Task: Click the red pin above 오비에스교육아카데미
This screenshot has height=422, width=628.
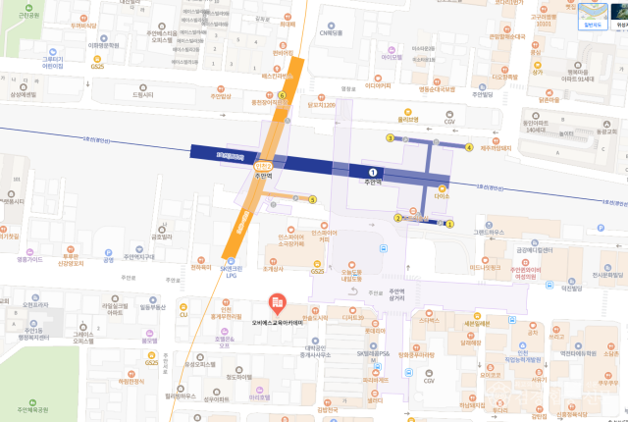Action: pyautogui.click(x=278, y=300)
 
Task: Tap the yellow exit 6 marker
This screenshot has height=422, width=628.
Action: pyautogui.click(x=282, y=95)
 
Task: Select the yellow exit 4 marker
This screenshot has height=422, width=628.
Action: pyautogui.click(x=470, y=147)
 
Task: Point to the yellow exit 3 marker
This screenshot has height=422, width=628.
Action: pyautogui.click(x=390, y=138)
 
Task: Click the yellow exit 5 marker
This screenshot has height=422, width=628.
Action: pyautogui.click(x=312, y=199)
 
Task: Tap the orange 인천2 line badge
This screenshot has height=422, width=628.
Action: pyautogui.click(x=262, y=167)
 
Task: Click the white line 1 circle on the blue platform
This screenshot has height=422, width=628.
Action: pyautogui.click(x=373, y=172)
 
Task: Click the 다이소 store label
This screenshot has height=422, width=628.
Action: pyautogui.click(x=441, y=196)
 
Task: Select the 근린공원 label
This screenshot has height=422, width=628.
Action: pyautogui.click(x=28, y=16)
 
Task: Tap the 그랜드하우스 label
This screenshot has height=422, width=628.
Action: pyautogui.click(x=487, y=233)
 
